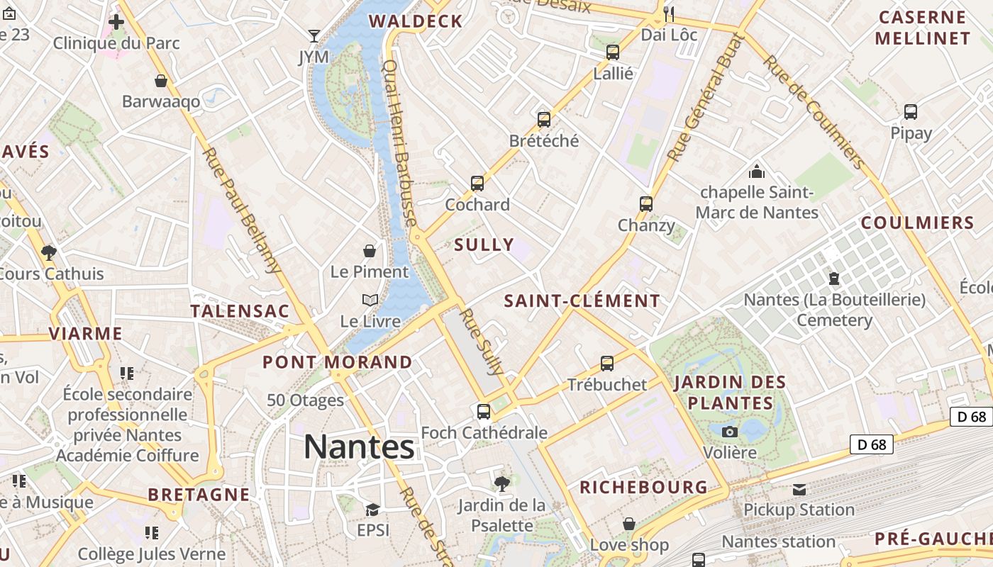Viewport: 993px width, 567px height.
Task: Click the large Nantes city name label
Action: click(x=359, y=447)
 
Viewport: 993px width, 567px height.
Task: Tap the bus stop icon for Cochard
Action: click(x=477, y=184)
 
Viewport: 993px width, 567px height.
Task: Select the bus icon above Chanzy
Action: click(x=646, y=204)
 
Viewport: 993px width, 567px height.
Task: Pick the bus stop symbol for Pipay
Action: click(x=911, y=111)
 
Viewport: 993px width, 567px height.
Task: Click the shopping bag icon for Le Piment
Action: click(x=370, y=251)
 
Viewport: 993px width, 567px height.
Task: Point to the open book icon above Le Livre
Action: click(x=370, y=301)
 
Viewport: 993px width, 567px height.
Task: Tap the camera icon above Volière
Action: click(x=729, y=432)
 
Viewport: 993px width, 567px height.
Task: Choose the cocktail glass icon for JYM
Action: click(x=314, y=35)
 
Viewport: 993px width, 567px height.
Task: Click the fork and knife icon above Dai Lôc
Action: click(x=669, y=13)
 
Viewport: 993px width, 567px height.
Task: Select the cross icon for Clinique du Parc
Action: click(x=116, y=22)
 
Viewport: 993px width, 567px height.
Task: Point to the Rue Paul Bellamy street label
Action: click(x=242, y=210)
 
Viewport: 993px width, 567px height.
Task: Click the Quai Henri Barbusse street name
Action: click(x=399, y=142)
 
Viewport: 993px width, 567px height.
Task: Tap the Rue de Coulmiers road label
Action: click(x=814, y=112)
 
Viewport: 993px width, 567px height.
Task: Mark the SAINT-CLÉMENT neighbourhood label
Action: click(x=582, y=301)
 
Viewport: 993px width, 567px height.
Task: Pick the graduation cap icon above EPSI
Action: click(x=373, y=510)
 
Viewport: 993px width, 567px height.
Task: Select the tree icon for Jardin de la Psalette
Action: click(x=502, y=484)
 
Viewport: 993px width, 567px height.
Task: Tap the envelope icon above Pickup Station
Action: click(x=799, y=489)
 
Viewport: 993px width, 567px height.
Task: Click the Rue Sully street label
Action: click(x=482, y=342)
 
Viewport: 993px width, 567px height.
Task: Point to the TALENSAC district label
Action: click(x=240, y=311)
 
